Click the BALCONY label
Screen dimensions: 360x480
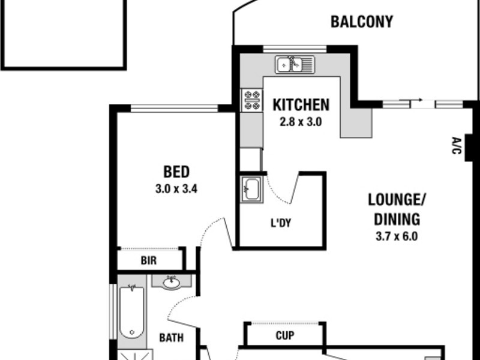pos(362,22)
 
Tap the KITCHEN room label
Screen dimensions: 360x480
pos(301,105)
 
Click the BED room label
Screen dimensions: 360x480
pos(176,173)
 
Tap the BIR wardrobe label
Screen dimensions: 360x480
pos(149,261)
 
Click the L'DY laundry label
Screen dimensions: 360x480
pos(280,223)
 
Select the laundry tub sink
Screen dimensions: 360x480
pos(250,190)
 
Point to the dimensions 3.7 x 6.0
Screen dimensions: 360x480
pos(396,236)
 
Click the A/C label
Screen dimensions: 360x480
pos(457,145)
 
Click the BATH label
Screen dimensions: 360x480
pos(171,338)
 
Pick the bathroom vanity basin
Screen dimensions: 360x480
pos(172,281)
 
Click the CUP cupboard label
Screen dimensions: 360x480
pos(285,335)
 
